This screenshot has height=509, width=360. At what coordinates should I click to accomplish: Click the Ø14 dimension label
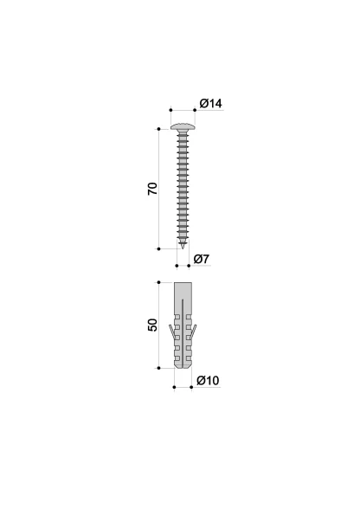coord(211,103)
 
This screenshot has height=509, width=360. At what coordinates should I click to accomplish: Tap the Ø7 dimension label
coord(202,259)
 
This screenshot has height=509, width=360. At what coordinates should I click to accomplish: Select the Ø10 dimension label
coord(208,380)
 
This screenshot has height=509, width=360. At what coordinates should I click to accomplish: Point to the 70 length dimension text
coord(152,189)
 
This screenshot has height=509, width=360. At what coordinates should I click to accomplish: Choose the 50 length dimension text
coord(152,325)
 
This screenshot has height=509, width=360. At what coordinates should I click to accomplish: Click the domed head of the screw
coord(183,126)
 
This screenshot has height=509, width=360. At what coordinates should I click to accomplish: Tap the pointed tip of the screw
coord(183,248)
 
